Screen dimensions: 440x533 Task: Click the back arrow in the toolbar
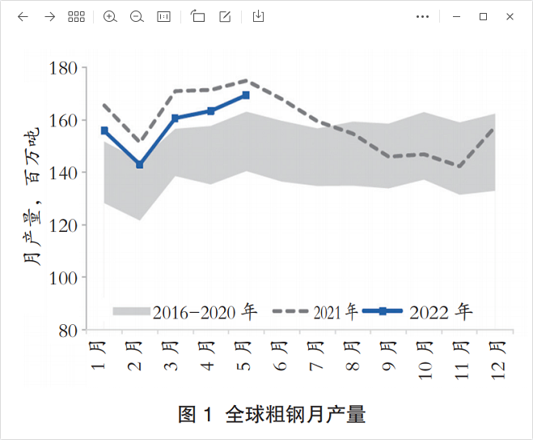pyautogui.click(x=23, y=16)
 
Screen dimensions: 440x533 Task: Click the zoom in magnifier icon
pyautogui.click(x=111, y=16)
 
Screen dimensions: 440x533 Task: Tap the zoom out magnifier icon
pyautogui.click(x=137, y=16)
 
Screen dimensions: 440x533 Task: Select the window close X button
pyautogui.click(x=510, y=16)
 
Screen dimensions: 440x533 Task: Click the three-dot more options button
pyautogui.click(x=422, y=16)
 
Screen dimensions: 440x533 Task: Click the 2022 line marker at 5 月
pyautogui.click(x=246, y=96)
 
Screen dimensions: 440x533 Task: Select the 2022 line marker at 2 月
pyautogui.click(x=140, y=164)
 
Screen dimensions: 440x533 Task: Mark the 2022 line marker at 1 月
pyautogui.click(x=104, y=130)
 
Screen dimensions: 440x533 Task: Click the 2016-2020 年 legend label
pyautogui.click(x=205, y=312)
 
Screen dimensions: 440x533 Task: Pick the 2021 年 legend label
pyautogui.click(x=335, y=312)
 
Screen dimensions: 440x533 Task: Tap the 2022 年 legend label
pyautogui.click(x=441, y=312)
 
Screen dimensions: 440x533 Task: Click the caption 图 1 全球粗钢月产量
pyautogui.click(x=272, y=415)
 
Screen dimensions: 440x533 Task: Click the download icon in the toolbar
pyautogui.click(x=258, y=16)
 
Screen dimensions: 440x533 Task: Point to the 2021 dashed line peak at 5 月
pyautogui.click(x=246, y=80)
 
